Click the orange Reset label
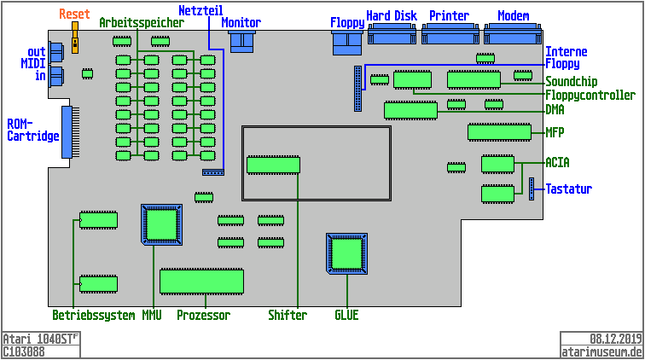pos(74,15)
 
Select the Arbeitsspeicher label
pos(141,23)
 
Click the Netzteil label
pos(200,10)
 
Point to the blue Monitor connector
pos(243,41)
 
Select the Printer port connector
pos(450,35)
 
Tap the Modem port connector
pos(513,35)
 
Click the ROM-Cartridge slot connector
pos(67,132)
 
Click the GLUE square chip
pos(346,254)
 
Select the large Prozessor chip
pos(201,281)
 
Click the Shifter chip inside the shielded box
pos(273,165)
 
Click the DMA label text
pos(555,109)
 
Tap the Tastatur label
pos(569,189)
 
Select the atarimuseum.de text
pos(601,351)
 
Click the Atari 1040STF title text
pos(40,339)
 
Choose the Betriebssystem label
pos(93,316)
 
